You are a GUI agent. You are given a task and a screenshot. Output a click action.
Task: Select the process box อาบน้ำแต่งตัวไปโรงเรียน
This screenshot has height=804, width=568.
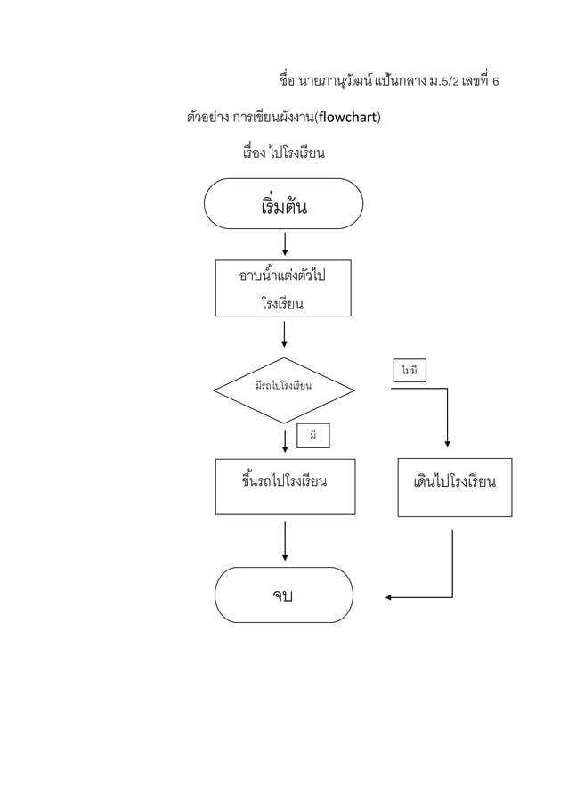(283, 288)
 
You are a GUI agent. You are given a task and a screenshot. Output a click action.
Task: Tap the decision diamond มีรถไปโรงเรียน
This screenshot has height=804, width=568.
(283, 388)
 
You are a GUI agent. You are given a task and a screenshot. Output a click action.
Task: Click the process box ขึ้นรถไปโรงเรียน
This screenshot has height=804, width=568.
(284, 487)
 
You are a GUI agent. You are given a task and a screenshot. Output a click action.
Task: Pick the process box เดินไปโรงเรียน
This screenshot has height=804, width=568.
(454, 487)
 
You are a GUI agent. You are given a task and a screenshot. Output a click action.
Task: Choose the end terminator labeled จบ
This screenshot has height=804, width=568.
(284, 595)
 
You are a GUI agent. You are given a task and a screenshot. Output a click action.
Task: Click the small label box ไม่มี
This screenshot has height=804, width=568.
(410, 369)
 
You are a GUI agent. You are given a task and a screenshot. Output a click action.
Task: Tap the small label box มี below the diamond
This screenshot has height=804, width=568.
(312, 435)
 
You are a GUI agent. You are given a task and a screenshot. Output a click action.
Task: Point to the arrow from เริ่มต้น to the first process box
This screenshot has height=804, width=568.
(284, 242)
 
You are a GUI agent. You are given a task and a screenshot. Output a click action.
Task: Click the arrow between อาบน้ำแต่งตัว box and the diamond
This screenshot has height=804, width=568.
(284, 333)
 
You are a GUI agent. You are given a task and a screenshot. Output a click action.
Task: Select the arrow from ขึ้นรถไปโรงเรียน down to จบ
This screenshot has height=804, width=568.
(284, 541)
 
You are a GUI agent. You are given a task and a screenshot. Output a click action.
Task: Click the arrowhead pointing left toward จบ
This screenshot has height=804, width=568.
(390, 597)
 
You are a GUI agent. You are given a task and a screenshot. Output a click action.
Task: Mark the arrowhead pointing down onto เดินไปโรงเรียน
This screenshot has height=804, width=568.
(446, 442)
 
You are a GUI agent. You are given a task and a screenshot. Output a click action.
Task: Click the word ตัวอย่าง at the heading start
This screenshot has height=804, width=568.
(207, 117)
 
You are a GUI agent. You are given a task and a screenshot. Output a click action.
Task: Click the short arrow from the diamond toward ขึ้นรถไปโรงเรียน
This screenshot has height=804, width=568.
(284, 439)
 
